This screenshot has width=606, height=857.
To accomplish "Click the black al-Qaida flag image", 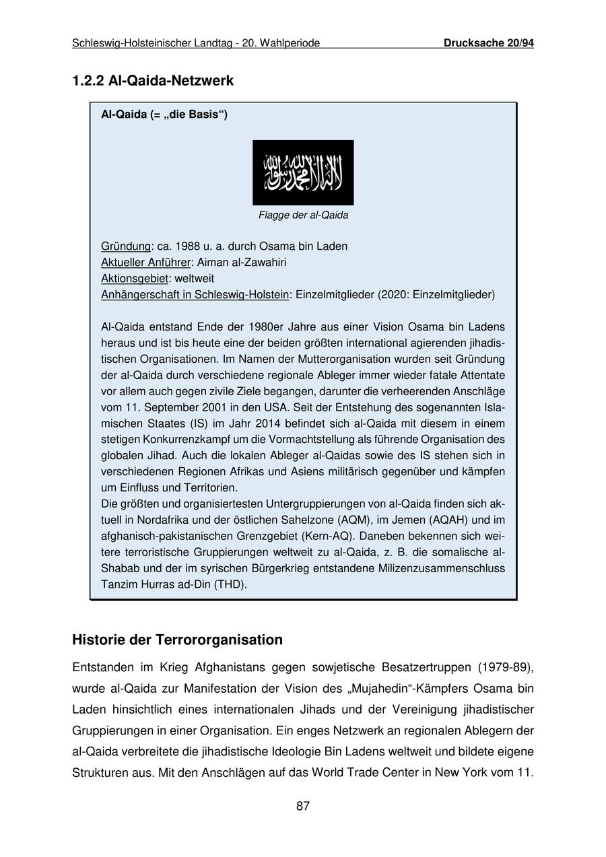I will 303,172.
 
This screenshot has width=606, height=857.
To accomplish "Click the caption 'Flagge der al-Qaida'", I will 303,215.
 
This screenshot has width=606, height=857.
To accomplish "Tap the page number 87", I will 303,806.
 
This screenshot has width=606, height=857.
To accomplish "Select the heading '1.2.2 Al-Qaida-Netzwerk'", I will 153,81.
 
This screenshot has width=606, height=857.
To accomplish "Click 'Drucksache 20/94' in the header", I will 488,43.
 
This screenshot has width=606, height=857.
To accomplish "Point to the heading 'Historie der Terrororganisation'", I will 177,640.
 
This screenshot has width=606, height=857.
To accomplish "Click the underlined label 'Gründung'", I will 126,246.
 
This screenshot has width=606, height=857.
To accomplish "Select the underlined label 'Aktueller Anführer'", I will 146,263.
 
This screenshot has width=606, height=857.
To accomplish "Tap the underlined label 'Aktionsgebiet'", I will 135,279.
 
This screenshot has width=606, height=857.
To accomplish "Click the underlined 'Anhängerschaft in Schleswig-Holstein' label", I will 195,295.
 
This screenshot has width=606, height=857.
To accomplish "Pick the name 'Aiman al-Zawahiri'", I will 242,263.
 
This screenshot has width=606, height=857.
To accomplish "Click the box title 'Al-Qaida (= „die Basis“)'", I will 164,114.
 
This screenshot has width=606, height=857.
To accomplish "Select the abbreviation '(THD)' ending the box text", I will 230,584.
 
